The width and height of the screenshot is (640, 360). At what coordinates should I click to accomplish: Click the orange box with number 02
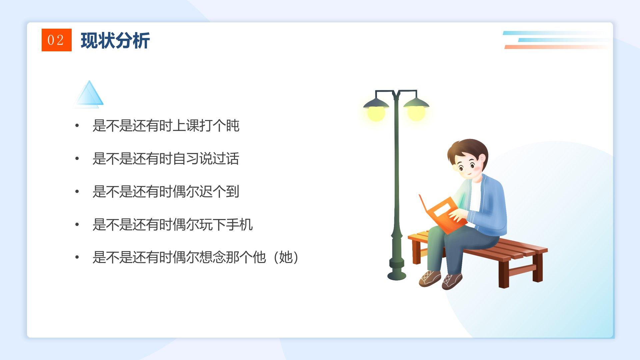[x=56, y=40]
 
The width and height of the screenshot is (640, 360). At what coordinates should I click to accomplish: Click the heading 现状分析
[x=115, y=41]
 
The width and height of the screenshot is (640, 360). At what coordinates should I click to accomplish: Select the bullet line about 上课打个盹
[x=166, y=126]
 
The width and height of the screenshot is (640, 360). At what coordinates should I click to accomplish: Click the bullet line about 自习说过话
[x=166, y=159]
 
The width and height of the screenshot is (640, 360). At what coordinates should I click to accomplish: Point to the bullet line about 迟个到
[x=166, y=192]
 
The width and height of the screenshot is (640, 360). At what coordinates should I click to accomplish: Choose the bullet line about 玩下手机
[x=173, y=224]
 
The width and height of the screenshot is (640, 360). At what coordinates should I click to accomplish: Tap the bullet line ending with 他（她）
[x=196, y=257]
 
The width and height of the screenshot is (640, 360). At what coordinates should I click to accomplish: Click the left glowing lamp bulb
[x=376, y=113]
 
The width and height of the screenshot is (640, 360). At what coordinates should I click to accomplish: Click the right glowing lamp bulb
[x=416, y=113]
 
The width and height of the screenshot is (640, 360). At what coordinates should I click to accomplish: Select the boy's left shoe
[x=430, y=278]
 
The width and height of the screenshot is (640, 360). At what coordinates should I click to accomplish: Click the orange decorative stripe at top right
[x=557, y=47]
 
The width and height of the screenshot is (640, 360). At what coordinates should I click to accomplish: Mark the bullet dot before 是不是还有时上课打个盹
[x=77, y=126]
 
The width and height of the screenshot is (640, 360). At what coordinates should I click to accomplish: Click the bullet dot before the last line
[x=77, y=257]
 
